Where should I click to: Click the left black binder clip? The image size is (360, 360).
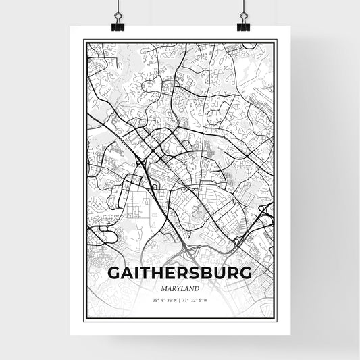[116, 22]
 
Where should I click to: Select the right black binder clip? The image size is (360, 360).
[243, 22]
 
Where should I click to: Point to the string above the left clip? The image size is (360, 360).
[116, 6]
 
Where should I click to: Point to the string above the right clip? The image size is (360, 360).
[243, 6]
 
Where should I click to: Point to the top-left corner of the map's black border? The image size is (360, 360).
[84, 41]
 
